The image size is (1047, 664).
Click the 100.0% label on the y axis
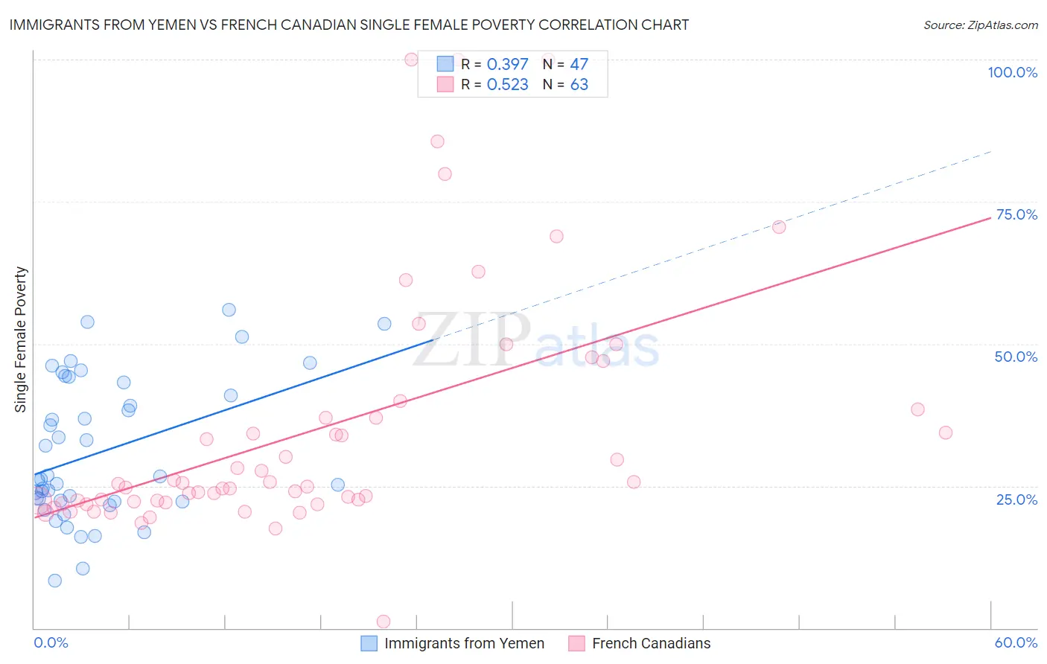click(x=1012, y=72)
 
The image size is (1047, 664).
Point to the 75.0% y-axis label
click(x=1016, y=214)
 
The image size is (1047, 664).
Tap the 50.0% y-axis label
click(x=1016, y=357)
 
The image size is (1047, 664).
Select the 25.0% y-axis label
click(x=1016, y=499)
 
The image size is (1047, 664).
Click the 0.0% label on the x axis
click(x=51, y=642)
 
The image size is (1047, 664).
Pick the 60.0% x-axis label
click(x=1016, y=642)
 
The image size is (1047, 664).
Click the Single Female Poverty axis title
click(x=21, y=339)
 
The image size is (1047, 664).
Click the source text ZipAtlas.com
click(x=1002, y=25)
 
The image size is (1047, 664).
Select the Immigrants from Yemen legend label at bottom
click(x=464, y=643)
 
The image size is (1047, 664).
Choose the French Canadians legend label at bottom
click(x=651, y=643)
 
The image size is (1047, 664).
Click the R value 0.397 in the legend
click(x=507, y=65)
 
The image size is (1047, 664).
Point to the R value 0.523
click(x=507, y=85)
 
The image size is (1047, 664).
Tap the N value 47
click(x=579, y=65)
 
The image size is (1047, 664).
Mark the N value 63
click(x=579, y=85)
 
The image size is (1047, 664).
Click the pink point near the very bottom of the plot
click(x=384, y=622)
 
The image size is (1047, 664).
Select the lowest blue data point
click(x=54, y=581)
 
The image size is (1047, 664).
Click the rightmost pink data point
click(x=945, y=432)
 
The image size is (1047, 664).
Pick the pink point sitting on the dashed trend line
click(x=778, y=227)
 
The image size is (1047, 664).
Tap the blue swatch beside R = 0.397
click(x=445, y=64)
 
